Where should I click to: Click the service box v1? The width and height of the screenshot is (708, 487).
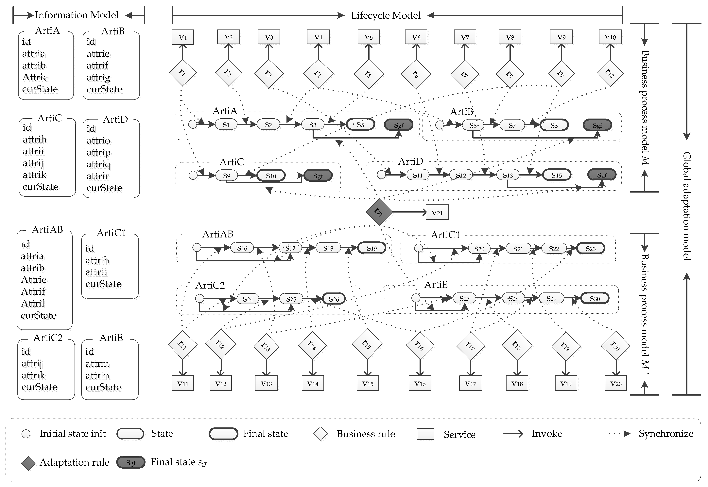point(182,37)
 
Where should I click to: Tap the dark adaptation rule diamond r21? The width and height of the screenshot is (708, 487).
point(379,212)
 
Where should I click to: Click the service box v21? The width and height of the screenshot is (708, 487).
point(437,213)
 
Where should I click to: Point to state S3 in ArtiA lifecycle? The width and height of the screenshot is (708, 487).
point(313,125)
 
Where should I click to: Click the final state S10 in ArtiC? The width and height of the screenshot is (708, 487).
point(271,176)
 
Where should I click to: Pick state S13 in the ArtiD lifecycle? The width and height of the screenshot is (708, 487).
point(508,175)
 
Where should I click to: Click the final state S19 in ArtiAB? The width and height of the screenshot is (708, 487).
point(371,248)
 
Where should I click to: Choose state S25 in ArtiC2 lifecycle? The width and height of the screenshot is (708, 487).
point(291,299)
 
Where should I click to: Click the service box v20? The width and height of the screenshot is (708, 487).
point(616,384)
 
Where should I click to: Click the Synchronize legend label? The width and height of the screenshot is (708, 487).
point(666,434)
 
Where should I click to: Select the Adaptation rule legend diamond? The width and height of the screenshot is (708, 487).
point(28,463)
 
